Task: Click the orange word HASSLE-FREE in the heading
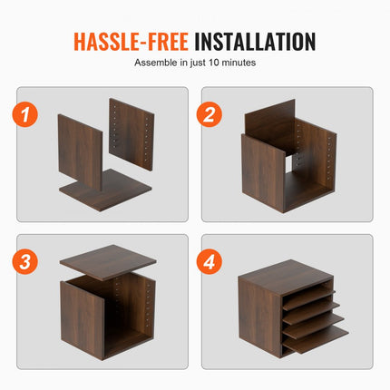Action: click(x=131, y=42)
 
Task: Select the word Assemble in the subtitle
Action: click(x=156, y=63)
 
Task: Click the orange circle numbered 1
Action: click(x=30, y=114)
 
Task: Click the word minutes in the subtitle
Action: click(x=238, y=63)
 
